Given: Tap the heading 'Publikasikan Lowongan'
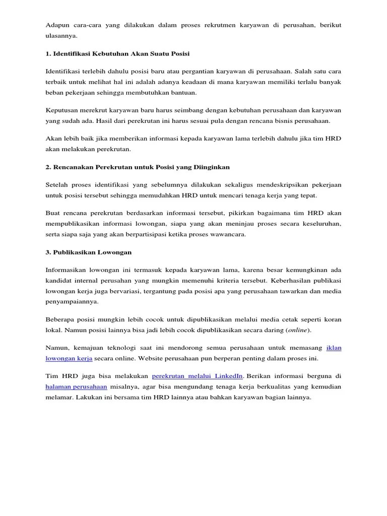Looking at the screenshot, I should coord(88,251).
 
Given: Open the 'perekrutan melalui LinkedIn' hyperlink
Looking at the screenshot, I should coord(198,376).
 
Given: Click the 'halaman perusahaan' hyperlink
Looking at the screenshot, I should coord(76,386).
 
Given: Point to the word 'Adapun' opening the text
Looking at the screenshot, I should coord(57,25).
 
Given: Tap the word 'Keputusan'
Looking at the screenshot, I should coord(62,110).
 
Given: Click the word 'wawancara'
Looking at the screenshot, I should coord(228,234).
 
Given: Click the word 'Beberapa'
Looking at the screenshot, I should coord(60,319).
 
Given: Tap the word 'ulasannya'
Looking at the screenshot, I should coord(61,36).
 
